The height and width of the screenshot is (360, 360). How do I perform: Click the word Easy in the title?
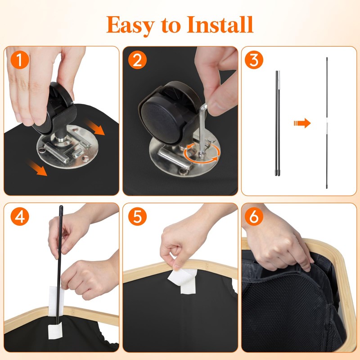130,26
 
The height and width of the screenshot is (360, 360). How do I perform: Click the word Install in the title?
220,24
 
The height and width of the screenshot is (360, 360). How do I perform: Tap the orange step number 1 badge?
20,60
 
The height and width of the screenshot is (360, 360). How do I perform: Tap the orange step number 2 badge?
137,60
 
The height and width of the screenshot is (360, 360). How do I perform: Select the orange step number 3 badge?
254,60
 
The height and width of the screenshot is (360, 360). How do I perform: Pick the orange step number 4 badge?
20,216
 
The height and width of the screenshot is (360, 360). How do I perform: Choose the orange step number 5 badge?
137,216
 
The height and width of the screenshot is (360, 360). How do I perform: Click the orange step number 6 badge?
254,216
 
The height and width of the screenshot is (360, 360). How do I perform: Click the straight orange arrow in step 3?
302,123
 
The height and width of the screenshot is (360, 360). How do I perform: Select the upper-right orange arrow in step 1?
95,128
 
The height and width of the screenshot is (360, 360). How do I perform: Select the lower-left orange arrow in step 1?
37,168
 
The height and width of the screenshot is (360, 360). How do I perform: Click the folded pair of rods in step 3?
278,123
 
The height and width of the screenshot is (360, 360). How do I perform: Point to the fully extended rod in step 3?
327,123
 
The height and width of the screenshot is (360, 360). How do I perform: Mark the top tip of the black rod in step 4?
61,206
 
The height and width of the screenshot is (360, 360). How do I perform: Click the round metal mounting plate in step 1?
67,147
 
